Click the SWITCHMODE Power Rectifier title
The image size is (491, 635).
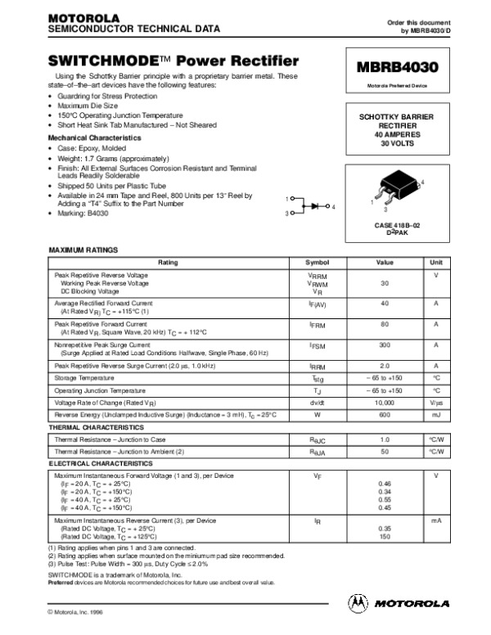tap(173, 61)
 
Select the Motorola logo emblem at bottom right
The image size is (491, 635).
tap(358, 602)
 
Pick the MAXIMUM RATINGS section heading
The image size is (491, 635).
tap(83, 249)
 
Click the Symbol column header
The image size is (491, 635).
tap(317, 262)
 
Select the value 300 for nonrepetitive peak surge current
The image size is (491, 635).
tap(384, 346)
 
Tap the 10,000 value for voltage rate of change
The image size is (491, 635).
tap(384, 403)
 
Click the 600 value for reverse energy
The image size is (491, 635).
tap(384, 415)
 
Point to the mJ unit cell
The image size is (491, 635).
tap(436, 415)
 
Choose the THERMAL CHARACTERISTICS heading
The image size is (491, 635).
tap(92, 427)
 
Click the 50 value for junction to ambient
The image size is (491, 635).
tap(384, 451)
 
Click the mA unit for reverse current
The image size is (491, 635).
tap(436, 520)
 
